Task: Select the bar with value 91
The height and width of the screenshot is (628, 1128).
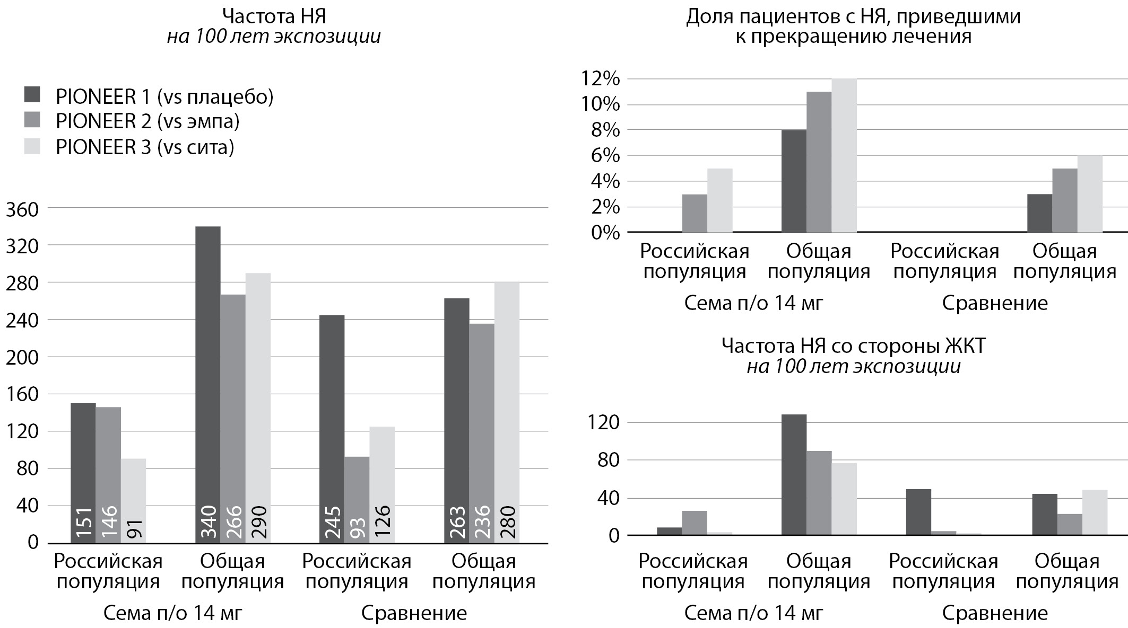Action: point(133,500)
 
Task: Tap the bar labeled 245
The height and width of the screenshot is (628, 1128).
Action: point(332,429)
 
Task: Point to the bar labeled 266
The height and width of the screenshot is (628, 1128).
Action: point(233,419)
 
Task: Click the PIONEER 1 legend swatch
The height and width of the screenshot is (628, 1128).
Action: point(32,95)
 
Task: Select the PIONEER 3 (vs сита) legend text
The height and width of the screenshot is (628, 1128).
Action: point(145,147)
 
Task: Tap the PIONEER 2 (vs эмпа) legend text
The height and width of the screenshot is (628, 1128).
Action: point(147,121)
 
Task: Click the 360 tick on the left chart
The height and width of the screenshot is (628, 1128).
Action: point(22,210)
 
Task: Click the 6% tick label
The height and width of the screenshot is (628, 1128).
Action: point(605,156)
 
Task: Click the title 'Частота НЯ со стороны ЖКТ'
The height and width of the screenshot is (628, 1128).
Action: point(853,346)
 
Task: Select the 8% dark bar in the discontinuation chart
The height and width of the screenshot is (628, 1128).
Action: point(794,181)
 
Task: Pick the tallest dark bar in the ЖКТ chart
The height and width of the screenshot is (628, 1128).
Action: point(794,474)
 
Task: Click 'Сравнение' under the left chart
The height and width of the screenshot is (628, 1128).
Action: point(414,613)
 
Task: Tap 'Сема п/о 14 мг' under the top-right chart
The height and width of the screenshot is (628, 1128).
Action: point(753,303)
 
